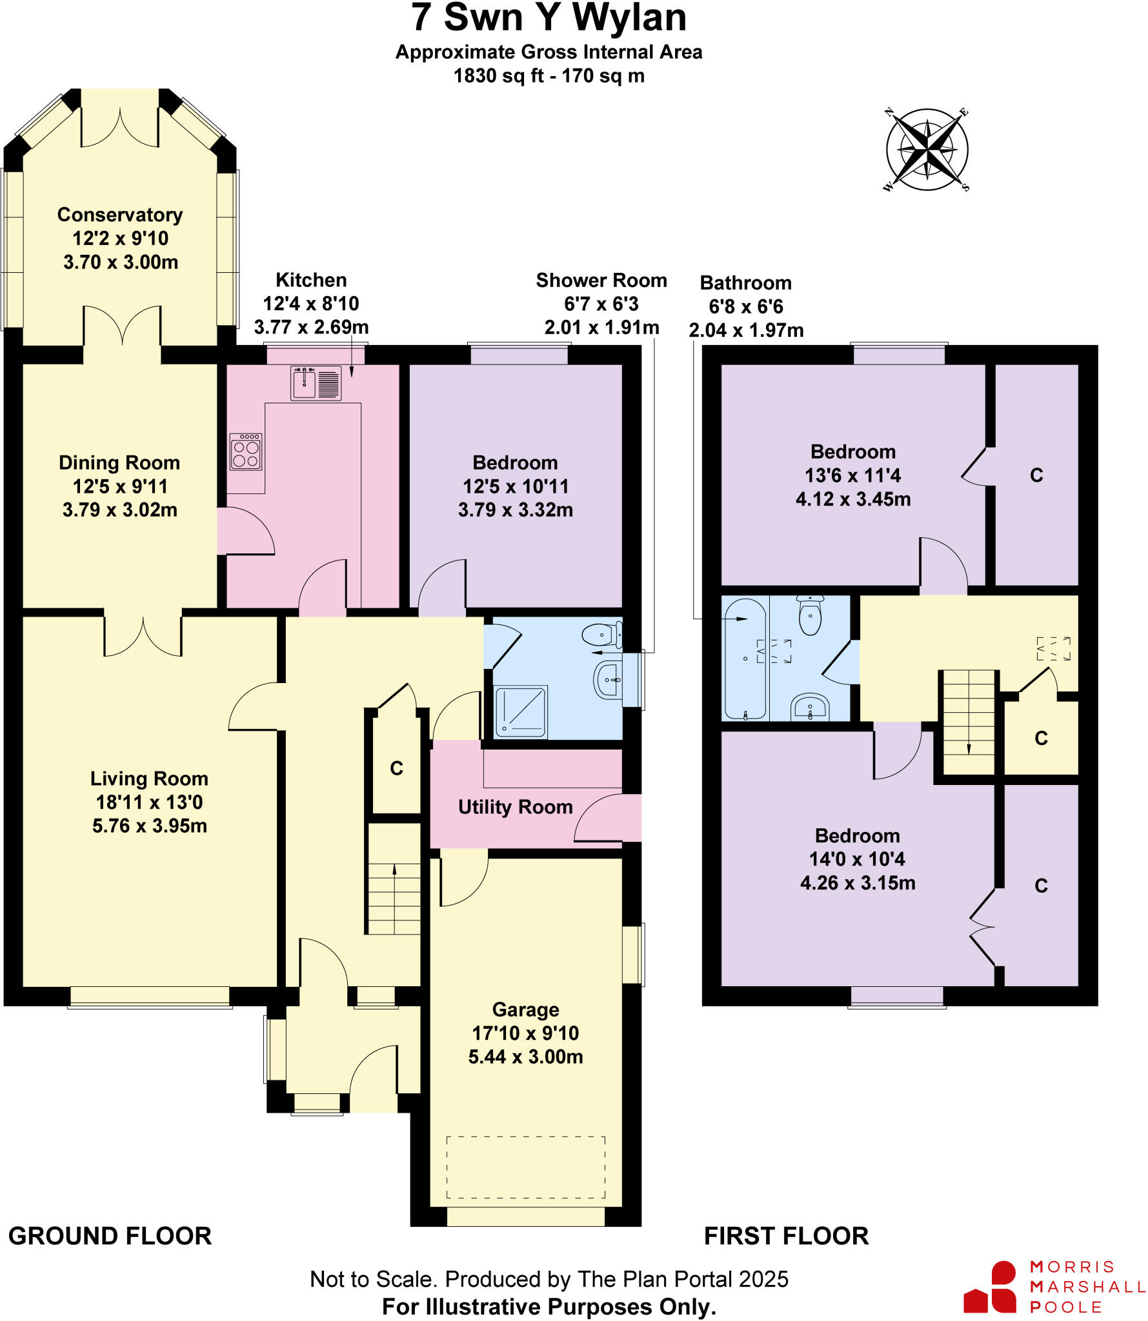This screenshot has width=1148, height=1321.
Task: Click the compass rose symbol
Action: pyautogui.click(x=927, y=150)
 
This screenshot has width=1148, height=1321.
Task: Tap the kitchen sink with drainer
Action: pyautogui.click(x=316, y=383)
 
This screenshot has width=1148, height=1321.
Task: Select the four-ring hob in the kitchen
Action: pyautogui.click(x=246, y=452)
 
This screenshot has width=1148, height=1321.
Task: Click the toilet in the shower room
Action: pyautogui.click(x=602, y=635)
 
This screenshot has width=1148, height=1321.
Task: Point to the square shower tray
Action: pyautogui.click(x=521, y=711)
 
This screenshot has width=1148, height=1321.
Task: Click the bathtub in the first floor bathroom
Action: pyautogui.click(x=745, y=658)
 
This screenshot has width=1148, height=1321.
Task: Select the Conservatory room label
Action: pyautogui.click(x=120, y=215)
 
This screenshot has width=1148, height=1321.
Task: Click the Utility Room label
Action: pyautogui.click(x=515, y=807)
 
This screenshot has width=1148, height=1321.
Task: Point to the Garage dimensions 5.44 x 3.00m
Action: pyautogui.click(x=525, y=1057)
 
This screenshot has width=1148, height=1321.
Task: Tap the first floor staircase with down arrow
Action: pyautogui.click(x=969, y=722)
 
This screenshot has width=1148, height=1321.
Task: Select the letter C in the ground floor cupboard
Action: pyautogui.click(x=396, y=768)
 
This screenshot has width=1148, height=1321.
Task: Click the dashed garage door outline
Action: pyautogui.click(x=525, y=1167)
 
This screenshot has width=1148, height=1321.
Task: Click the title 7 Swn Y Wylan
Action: pyautogui.click(x=549, y=18)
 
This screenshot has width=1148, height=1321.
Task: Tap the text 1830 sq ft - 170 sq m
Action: pyautogui.click(x=549, y=76)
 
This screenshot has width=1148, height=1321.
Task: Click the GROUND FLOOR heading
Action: pyautogui.click(x=110, y=1236)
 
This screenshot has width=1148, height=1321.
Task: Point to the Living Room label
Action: pyautogui.click(x=149, y=779)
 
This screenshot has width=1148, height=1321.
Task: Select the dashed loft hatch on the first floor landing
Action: pyautogui.click(x=1053, y=648)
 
